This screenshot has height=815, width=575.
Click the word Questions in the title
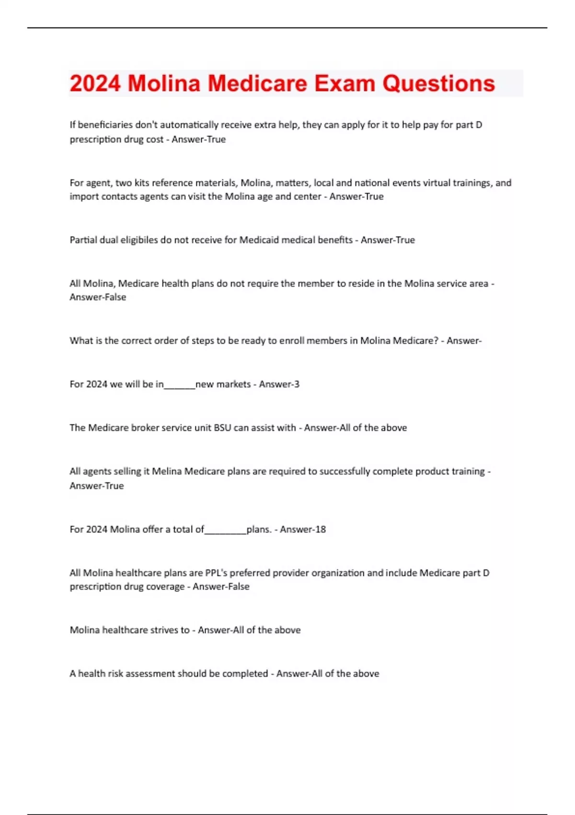coord(438,83)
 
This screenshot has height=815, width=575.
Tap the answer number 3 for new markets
coord(297,384)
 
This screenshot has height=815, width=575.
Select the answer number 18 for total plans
coord(321,529)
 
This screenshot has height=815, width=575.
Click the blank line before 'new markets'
coord(180,386)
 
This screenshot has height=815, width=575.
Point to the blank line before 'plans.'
coord(225,532)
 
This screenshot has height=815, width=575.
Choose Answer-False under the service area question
coord(98,297)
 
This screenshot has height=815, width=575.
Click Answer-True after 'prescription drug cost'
coord(198,140)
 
